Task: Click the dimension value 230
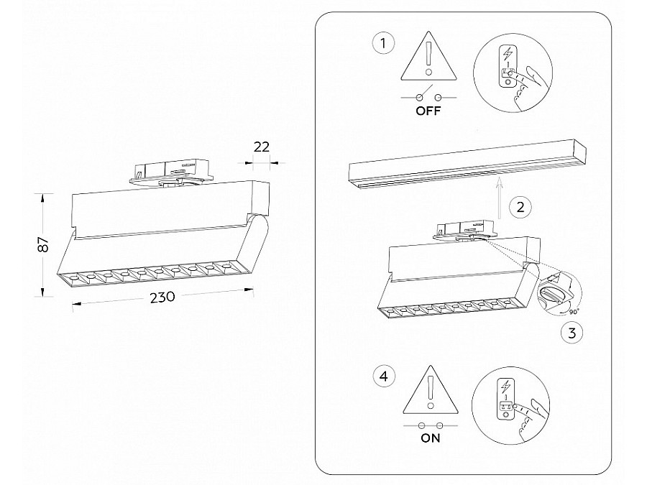tap(162, 299)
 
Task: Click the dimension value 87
tap(42, 244)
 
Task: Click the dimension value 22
tap(262, 147)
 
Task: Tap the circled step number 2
tap(520, 208)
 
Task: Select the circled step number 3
tap(572, 333)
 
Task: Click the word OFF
tap(428, 111)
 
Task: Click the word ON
tap(429, 439)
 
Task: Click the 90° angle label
tap(573, 312)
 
